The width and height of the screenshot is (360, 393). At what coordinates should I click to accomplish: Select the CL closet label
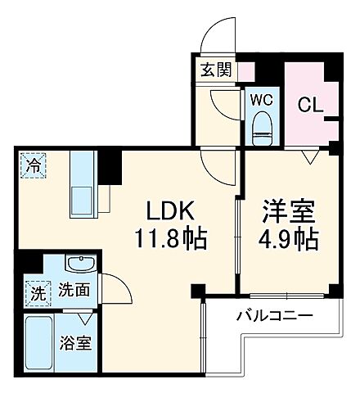coord(308,104)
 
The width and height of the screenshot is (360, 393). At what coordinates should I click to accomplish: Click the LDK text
coord(169,211)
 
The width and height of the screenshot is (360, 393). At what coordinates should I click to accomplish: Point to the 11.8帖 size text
coord(170,240)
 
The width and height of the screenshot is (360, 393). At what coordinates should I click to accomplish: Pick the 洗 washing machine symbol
coord(36,290)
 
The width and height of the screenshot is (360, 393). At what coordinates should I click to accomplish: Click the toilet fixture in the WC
coord(263,124)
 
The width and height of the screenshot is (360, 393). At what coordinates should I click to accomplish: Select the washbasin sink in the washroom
coord(79,265)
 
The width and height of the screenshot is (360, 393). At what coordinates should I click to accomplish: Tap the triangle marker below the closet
coord(309,156)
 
